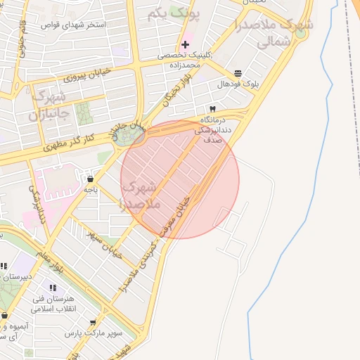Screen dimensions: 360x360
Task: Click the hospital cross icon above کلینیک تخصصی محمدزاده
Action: pos(185,44)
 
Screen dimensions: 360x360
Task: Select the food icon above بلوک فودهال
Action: pos(238,72)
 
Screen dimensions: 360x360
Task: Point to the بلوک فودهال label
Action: pos(238,84)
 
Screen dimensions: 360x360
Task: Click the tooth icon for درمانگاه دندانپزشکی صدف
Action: pos(212,109)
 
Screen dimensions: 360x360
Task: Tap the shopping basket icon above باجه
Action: pos(90,178)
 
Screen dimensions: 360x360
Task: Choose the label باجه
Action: pos(90,189)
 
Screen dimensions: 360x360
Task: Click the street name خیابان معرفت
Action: pos(179,214)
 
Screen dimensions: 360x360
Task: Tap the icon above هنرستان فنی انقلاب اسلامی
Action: pos(52,287)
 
